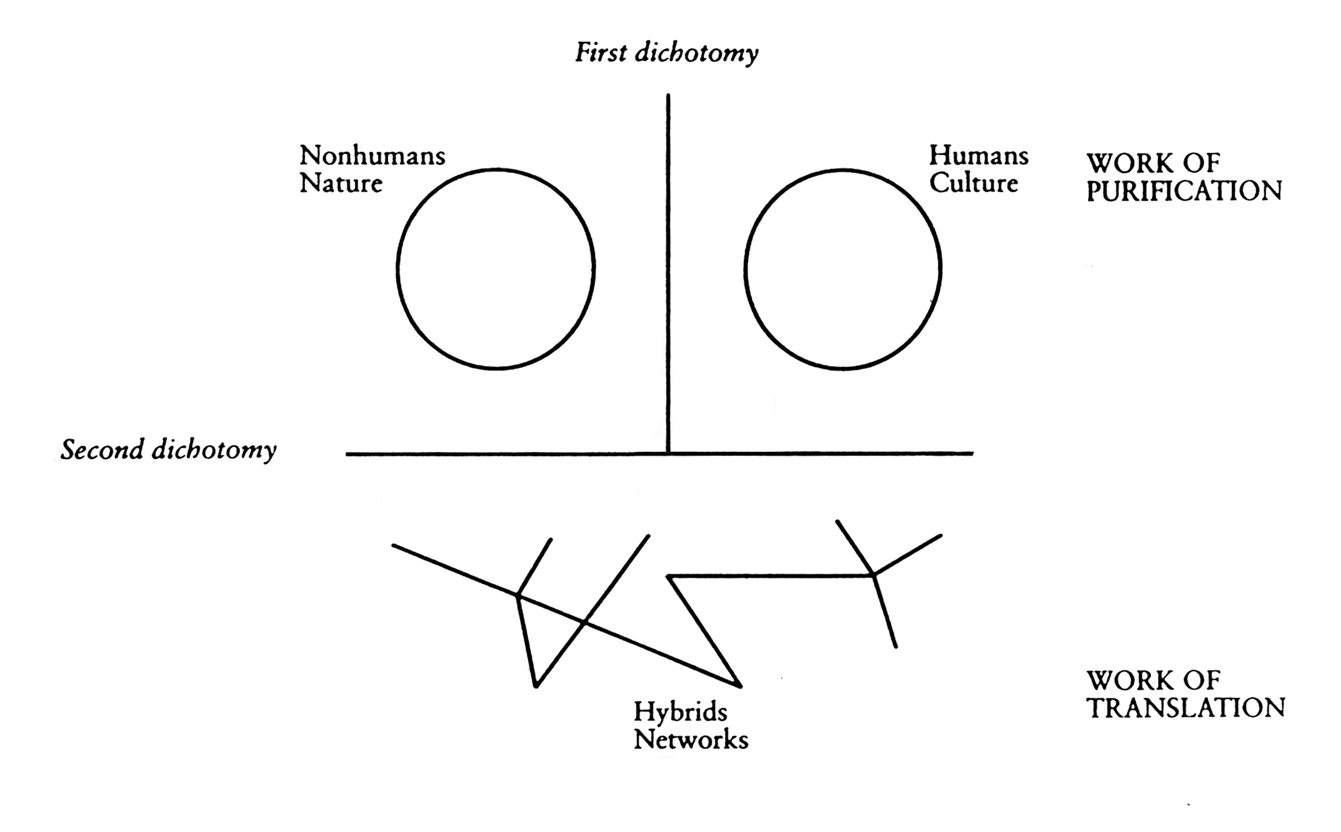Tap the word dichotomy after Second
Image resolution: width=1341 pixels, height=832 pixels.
[214, 451]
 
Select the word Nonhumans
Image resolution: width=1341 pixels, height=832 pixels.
[372, 156]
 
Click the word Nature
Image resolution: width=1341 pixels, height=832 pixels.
[341, 184]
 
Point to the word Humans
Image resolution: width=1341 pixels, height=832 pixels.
[979, 156]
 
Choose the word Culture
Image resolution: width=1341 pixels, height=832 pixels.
[974, 184]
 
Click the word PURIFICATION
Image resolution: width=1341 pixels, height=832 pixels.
[1184, 191]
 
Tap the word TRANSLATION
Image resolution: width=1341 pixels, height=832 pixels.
[1186, 709]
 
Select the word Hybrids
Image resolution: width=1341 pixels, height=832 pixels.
[680, 712]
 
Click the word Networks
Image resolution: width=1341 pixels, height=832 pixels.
[691, 740]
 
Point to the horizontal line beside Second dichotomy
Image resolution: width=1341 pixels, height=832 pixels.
[498, 454]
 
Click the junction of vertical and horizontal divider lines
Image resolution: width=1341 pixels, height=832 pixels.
[668, 453]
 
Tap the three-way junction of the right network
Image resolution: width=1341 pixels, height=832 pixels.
[874, 575]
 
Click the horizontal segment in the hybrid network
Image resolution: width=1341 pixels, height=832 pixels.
[769, 576]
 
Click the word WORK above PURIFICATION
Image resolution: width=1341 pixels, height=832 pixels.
[1129, 164]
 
